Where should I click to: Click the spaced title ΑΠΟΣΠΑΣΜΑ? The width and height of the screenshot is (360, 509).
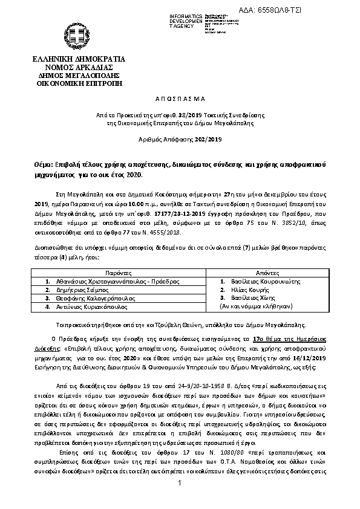coord(179,97)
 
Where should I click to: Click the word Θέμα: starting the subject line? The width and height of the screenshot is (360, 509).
coord(43,164)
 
